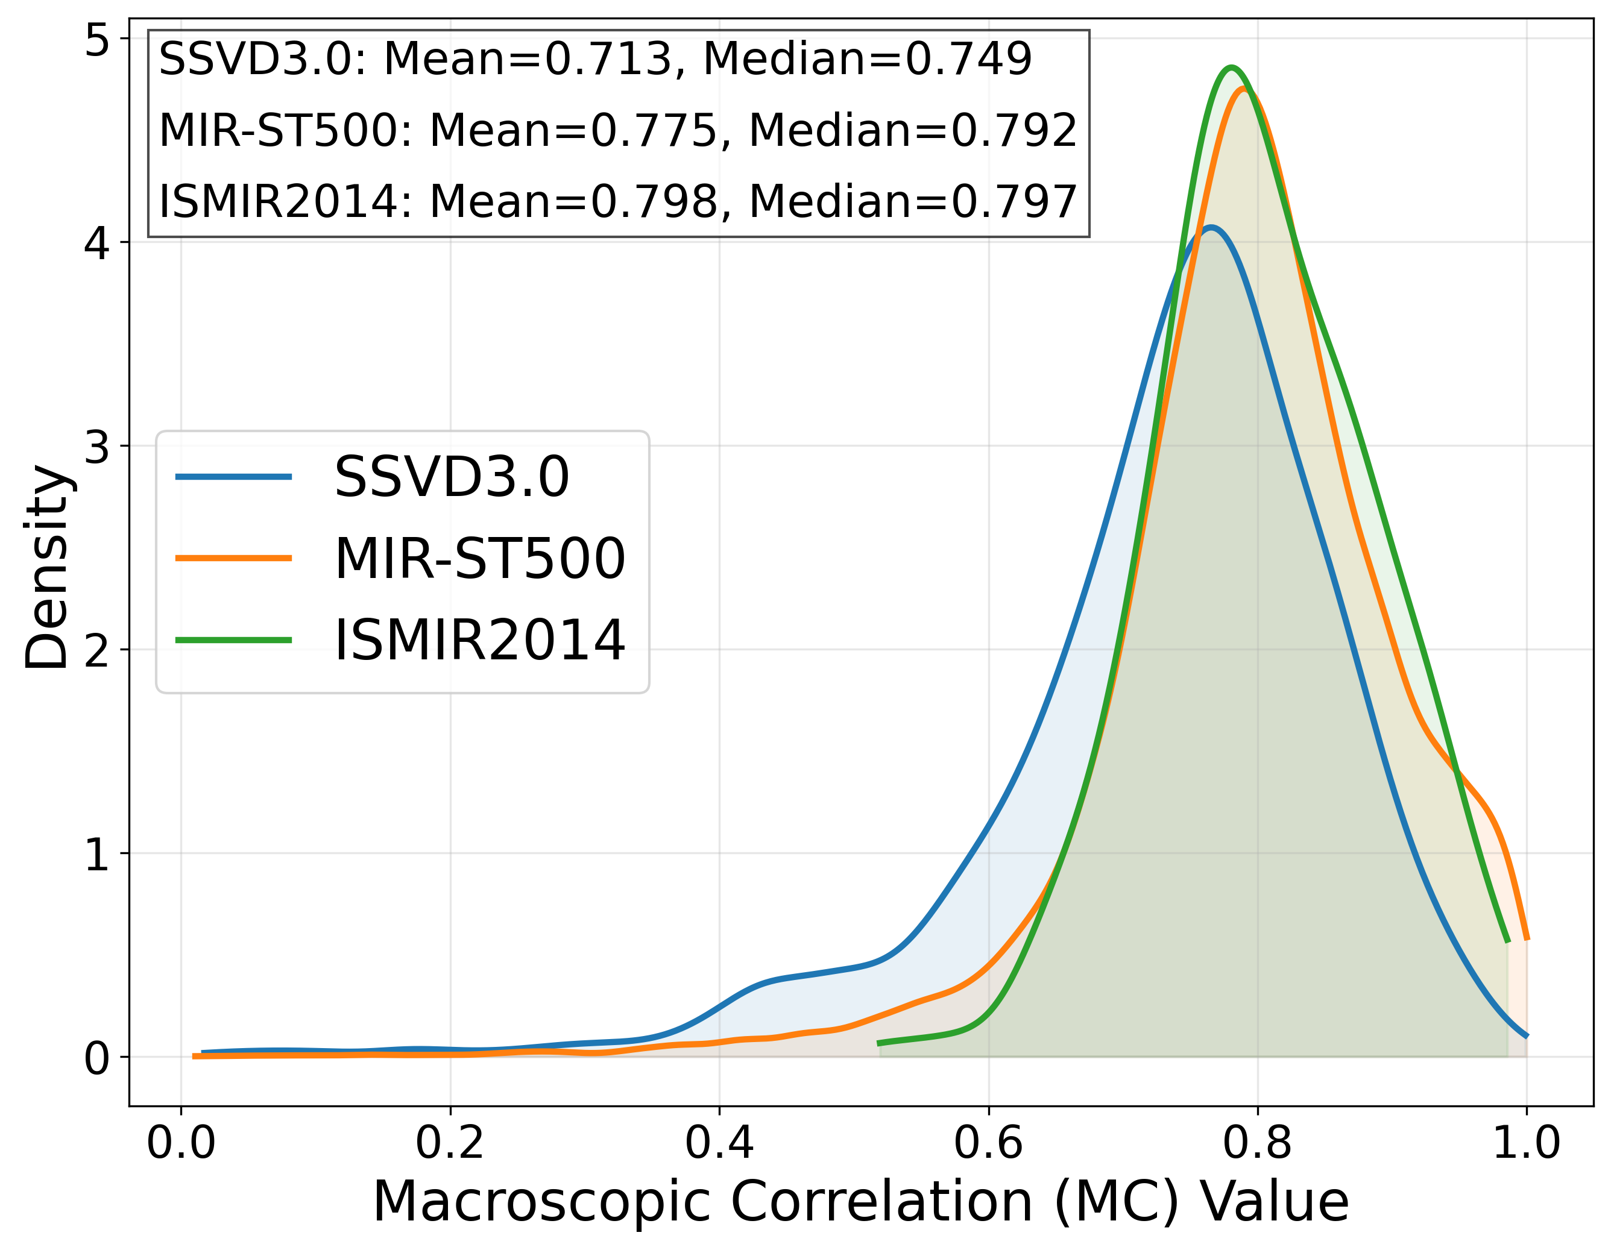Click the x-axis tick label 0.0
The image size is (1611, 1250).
[181, 1144]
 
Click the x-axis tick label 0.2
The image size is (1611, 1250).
[450, 1144]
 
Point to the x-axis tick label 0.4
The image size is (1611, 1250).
[719, 1144]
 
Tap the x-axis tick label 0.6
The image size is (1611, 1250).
[988, 1144]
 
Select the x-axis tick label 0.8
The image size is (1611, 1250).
[1257, 1144]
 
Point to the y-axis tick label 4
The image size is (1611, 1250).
[96, 243]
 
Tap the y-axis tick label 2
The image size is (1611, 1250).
[96, 650]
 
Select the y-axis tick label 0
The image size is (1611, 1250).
[96, 1058]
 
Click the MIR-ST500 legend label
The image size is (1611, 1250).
[480, 558]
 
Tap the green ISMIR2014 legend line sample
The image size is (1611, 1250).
[234, 639]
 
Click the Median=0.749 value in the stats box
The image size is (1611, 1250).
[868, 59]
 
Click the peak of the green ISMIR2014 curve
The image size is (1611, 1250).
[1231, 69]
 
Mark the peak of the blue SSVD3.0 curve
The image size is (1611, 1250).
[1211, 227]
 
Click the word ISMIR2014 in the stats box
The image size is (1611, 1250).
[280, 201]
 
